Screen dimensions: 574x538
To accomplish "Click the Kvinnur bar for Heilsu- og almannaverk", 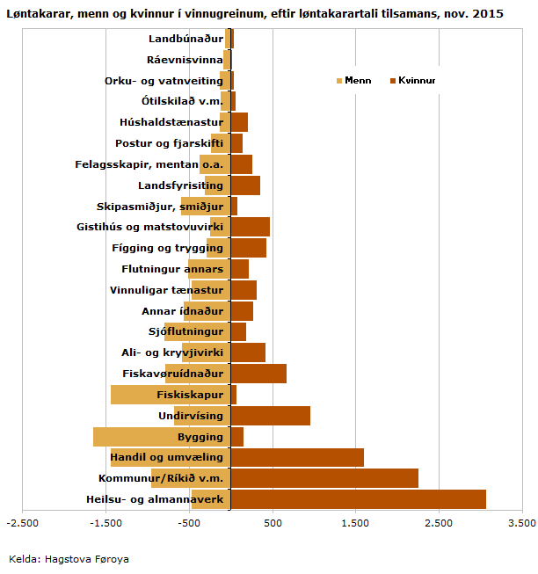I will click(x=358, y=499).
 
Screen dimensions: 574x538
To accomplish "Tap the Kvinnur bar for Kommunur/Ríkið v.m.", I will click(x=324, y=478).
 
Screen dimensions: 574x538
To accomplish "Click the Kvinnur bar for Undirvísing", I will click(x=271, y=416).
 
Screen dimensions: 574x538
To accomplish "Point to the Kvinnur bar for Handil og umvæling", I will click(x=297, y=457).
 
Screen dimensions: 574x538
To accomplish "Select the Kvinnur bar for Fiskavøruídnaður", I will click(x=258, y=374).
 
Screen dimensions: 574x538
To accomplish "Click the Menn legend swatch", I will click(x=339, y=81).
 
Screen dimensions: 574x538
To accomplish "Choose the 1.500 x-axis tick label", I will click(x=355, y=523).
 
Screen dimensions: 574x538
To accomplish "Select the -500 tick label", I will click(x=189, y=523).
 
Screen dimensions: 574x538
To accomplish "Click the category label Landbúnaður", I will click(x=185, y=39).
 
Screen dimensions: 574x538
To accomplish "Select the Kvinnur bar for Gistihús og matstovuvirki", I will click(x=251, y=227).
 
